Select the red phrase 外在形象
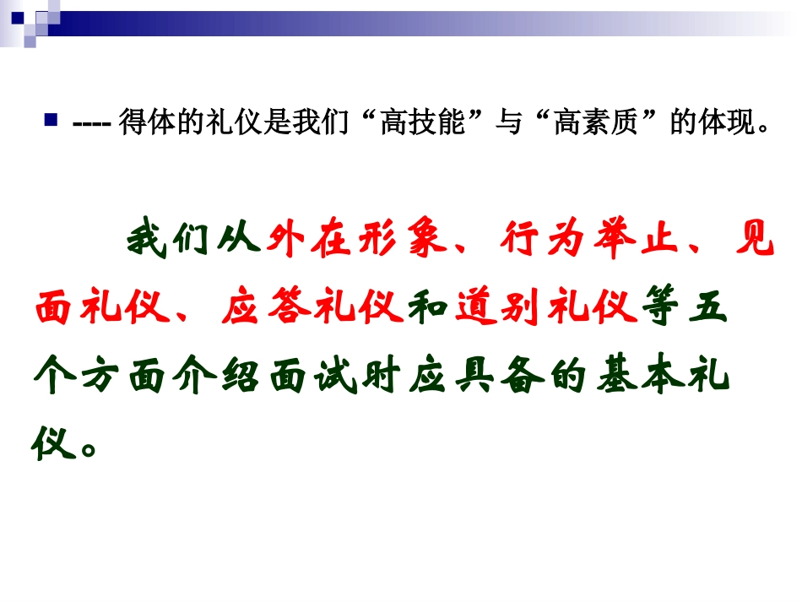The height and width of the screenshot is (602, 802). pos(355,241)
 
